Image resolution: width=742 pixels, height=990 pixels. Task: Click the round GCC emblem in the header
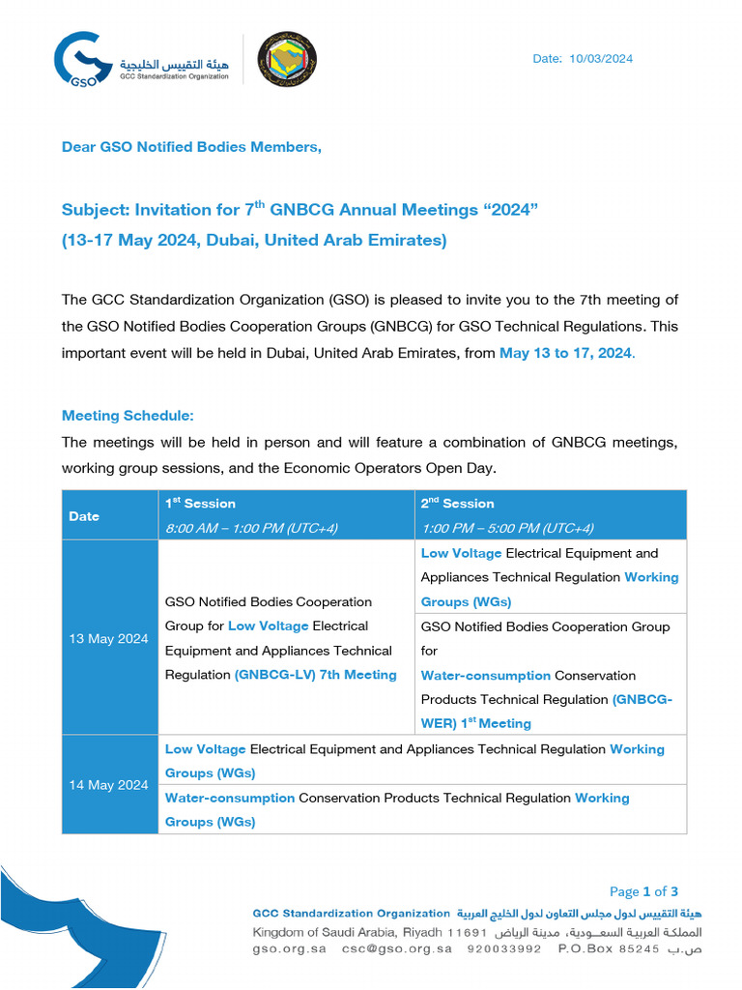287,59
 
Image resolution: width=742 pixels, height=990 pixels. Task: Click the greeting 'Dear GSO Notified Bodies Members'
191,147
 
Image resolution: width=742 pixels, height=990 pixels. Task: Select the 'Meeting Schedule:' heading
128,416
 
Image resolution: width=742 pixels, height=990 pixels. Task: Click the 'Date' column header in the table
84,516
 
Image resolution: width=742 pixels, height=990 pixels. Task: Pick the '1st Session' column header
200,504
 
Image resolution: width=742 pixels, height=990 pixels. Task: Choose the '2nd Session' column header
457,504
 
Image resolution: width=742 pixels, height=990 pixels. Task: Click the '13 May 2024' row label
108,639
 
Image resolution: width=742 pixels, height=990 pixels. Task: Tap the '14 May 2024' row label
108,785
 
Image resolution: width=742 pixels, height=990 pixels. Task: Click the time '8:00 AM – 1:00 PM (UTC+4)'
251,528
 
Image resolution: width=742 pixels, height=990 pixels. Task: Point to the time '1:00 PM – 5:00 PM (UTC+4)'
507,528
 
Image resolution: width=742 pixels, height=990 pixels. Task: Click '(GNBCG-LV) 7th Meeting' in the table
315,675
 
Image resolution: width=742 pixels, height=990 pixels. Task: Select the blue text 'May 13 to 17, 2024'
566,353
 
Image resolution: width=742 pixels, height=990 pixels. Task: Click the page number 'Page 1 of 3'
643,891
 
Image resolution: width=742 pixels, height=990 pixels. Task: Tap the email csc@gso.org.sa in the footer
396,948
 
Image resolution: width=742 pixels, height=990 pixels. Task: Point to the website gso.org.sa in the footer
289,948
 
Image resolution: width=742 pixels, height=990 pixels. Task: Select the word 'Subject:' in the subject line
96,210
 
